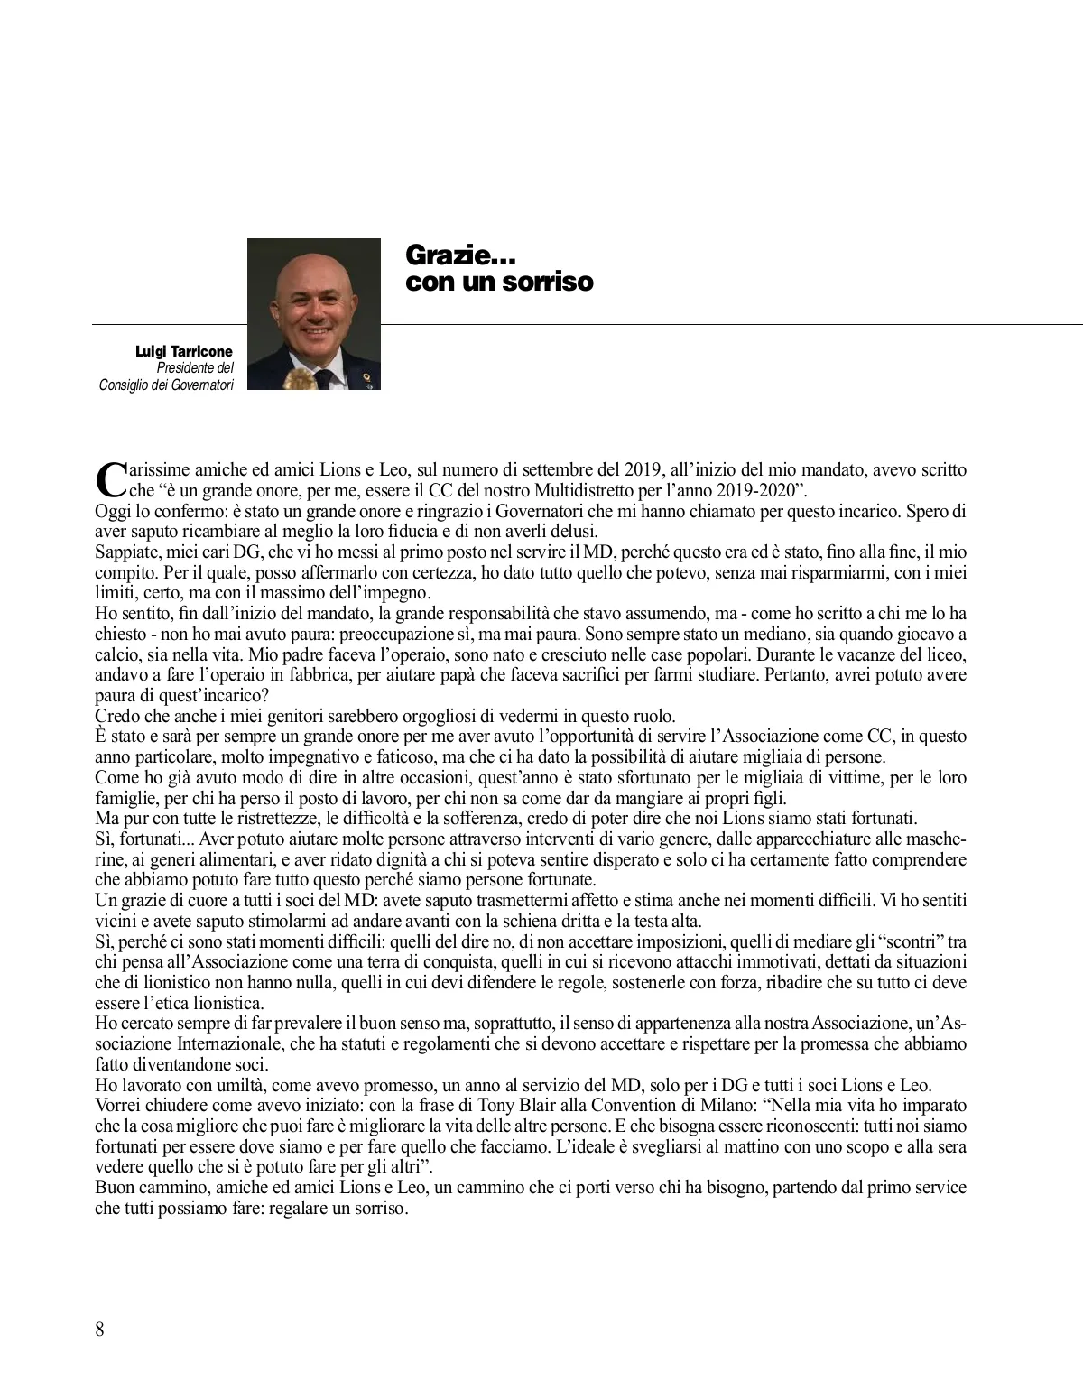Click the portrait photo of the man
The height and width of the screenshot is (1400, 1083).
point(314,314)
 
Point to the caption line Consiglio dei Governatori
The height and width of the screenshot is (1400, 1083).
point(166,385)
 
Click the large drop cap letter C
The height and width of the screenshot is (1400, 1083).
point(108,479)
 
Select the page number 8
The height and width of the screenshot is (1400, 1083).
point(99,1330)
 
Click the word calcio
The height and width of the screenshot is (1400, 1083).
point(119,654)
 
